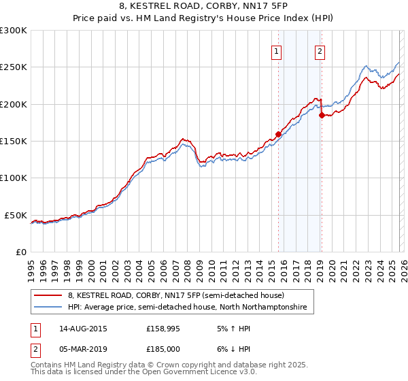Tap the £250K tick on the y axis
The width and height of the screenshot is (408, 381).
[14, 67]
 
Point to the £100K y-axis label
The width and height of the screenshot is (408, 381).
[14, 178]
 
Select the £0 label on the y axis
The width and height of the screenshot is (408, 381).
[20, 252]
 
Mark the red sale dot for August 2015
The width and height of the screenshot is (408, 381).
[278, 135]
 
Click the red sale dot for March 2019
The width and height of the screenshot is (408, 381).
[321, 116]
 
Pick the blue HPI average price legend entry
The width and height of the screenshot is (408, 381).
[187, 308]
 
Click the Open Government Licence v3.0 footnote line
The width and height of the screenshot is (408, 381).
[144, 373]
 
